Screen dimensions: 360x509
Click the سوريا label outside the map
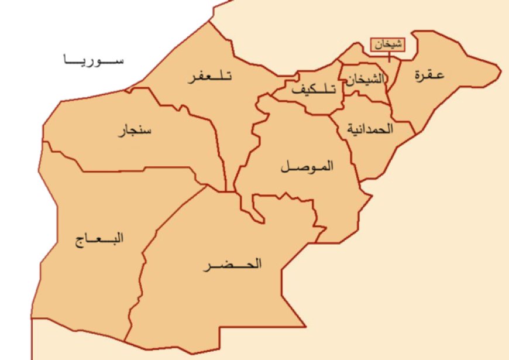coord(93,60)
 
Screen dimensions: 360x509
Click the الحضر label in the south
coord(232,265)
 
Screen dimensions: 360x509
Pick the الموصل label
coord(307,167)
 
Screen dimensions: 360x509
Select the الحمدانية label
coord(370,129)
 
